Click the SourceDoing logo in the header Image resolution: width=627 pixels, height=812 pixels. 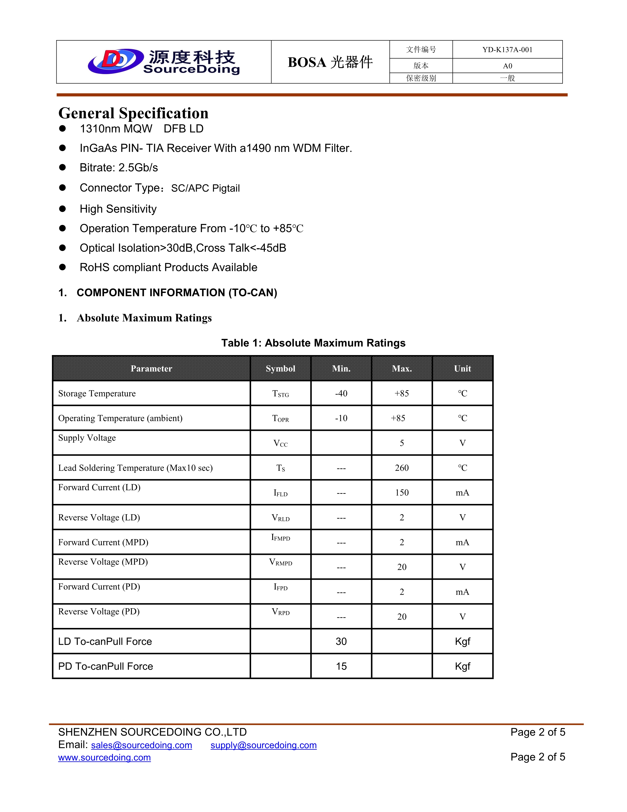[x=164, y=62]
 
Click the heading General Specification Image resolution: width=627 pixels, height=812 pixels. [x=133, y=113]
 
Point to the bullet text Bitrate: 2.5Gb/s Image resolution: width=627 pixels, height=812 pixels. [x=119, y=168]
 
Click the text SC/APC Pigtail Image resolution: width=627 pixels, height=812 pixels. [x=205, y=188]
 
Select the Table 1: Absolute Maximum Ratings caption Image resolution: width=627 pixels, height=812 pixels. [x=313, y=343]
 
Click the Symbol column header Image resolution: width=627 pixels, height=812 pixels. [x=281, y=368]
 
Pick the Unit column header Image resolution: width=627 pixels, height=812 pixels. [x=463, y=368]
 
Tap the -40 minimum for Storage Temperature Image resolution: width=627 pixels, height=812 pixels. [x=341, y=393]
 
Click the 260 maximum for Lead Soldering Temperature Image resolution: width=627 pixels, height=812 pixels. [x=402, y=468]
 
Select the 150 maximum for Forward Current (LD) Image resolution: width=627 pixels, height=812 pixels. [x=402, y=493]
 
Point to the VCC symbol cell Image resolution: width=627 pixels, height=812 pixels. [x=281, y=443]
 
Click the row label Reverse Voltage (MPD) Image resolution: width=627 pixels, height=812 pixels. [x=103, y=562]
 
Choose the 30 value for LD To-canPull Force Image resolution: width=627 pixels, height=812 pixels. [x=341, y=641]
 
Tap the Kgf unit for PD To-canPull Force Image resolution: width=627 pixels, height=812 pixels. [x=463, y=666]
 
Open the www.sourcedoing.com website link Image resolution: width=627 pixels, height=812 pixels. [x=104, y=757]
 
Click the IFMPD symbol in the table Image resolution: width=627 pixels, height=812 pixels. [x=281, y=538]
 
